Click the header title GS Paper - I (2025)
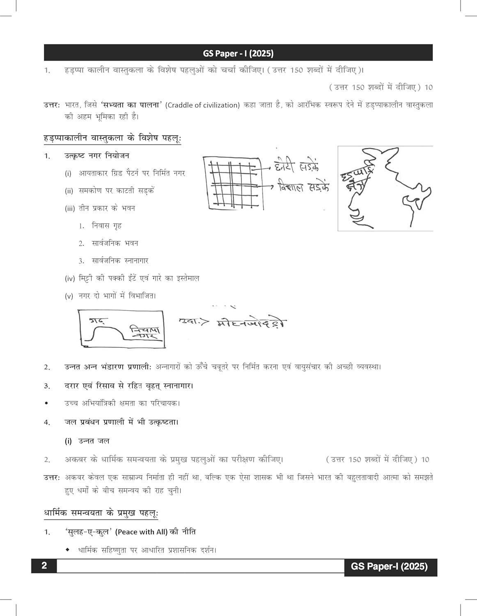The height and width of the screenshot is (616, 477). pyautogui.click(x=238, y=53)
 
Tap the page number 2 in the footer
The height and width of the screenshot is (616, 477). pyautogui.click(x=44, y=566)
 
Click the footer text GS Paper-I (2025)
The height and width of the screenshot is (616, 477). pyautogui.click(x=389, y=567)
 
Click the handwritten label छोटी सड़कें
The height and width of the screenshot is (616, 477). pyautogui.click(x=297, y=167)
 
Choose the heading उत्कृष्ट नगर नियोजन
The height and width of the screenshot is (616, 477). pyautogui.click(x=97, y=156)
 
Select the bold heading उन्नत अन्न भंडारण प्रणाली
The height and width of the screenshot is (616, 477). pyautogui.click(x=108, y=367)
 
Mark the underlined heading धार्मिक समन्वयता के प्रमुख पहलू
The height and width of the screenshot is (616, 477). pyautogui.click(x=101, y=513)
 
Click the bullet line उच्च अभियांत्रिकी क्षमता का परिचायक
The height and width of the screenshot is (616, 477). pyautogui.click(x=122, y=403)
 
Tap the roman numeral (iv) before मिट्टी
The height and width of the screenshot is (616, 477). pyautogui.click(x=69, y=278)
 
